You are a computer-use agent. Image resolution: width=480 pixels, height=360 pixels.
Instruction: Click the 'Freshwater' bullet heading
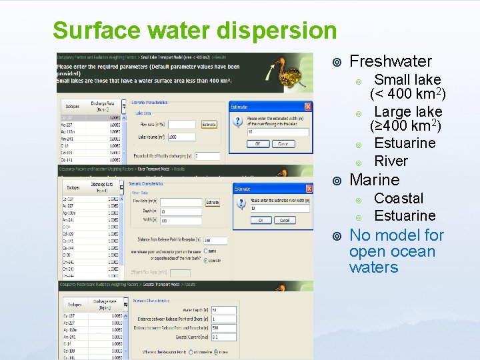point(391,61)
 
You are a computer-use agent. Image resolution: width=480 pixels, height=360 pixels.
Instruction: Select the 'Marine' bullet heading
point(374,179)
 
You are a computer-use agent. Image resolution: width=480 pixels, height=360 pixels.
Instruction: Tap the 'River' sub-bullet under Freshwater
point(391,161)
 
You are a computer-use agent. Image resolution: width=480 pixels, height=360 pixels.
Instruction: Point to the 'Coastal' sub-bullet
point(399,198)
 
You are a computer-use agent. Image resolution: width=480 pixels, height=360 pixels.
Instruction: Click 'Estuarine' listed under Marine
point(405,215)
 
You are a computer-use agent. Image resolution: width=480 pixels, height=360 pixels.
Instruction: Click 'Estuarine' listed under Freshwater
point(405,143)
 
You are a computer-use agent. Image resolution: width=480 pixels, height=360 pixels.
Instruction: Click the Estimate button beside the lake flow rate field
point(209,124)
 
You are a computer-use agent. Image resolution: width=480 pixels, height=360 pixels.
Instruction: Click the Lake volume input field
point(181,137)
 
